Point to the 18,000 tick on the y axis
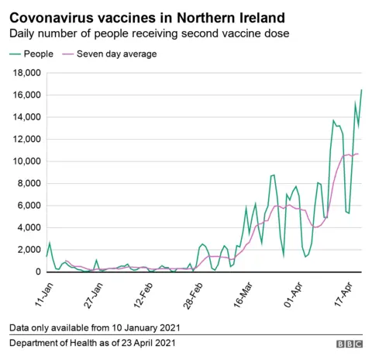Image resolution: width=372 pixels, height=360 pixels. pyautogui.click(x=23, y=73)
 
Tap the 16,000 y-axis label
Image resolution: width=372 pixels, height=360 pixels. pyautogui.click(x=23, y=95)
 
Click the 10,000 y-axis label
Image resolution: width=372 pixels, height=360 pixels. pyautogui.click(x=23, y=161)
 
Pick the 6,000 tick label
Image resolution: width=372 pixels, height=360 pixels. pyautogui.click(x=26, y=206)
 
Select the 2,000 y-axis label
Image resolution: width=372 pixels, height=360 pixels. pyautogui.click(x=26, y=250)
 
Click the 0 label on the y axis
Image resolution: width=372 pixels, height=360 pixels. pyautogui.click(x=36, y=272)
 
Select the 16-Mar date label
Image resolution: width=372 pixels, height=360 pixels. pyautogui.click(x=243, y=291)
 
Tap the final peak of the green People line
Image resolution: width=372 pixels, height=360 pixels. pyautogui.click(x=361, y=90)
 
